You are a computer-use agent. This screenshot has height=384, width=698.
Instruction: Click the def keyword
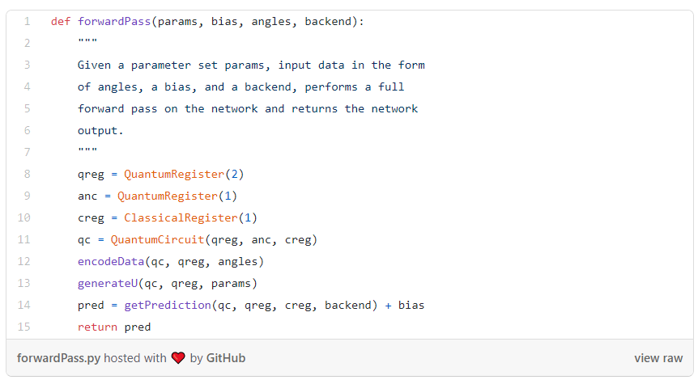coord(60,22)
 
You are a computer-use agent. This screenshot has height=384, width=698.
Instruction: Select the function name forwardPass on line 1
coord(114,22)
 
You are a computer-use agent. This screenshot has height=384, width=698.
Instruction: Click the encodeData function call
coord(111,261)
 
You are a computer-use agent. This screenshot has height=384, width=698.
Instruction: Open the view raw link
coord(658,358)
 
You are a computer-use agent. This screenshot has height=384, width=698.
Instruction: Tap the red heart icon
coord(178,358)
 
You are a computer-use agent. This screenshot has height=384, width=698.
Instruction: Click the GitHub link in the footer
coord(226,358)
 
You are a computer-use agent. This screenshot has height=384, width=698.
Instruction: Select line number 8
coord(27,174)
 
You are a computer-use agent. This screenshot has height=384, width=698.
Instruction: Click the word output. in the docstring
coord(100,130)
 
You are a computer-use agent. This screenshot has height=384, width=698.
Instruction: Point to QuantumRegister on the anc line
coord(167,196)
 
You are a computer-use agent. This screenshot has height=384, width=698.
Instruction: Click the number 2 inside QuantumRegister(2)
coord(234,174)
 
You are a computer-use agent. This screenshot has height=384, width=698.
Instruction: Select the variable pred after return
coord(137,327)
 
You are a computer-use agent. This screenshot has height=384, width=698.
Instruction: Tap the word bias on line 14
coord(411,305)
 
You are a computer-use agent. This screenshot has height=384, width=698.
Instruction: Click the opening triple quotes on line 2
coord(87,44)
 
